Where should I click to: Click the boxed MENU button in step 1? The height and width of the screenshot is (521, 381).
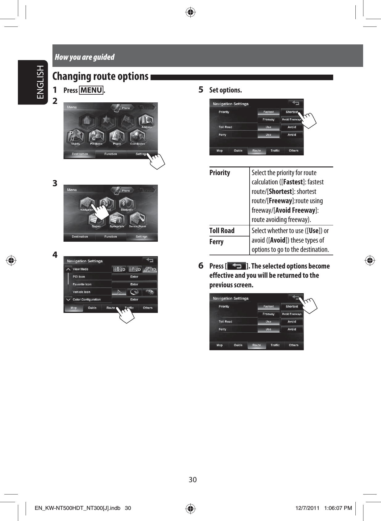click(91, 90)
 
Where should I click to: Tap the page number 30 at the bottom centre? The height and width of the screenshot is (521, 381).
click(193, 480)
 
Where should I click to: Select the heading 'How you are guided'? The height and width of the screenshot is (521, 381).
click(85, 57)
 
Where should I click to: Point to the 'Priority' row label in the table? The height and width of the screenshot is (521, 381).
click(220, 173)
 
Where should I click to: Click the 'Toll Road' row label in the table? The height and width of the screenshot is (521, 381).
click(222, 231)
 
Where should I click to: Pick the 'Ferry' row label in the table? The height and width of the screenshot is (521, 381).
click(216, 242)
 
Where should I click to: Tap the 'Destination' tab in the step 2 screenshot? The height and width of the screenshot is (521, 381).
click(80, 154)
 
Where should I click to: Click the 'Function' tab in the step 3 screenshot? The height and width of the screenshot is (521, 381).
click(110, 237)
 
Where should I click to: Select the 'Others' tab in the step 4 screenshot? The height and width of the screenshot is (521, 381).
click(147, 308)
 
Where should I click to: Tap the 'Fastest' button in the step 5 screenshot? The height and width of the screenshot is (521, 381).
click(268, 112)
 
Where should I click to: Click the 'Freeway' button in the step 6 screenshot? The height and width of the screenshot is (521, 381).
click(268, 314)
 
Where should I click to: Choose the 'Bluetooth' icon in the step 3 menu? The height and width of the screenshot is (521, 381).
click(126, 205)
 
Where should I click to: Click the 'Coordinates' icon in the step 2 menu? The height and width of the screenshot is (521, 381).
click(138, 137)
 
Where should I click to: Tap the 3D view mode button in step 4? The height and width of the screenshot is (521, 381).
click(150, 269)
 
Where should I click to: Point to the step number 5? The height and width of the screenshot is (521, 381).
click(201, 90)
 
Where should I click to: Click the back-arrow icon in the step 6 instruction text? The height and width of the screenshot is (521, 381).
click(236, 266)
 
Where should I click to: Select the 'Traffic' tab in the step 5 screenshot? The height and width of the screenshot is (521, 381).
click(275, 151)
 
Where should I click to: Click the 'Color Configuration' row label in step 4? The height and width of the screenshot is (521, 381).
click(87, 300)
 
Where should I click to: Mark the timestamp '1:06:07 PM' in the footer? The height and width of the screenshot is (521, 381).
click(338, 508)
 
